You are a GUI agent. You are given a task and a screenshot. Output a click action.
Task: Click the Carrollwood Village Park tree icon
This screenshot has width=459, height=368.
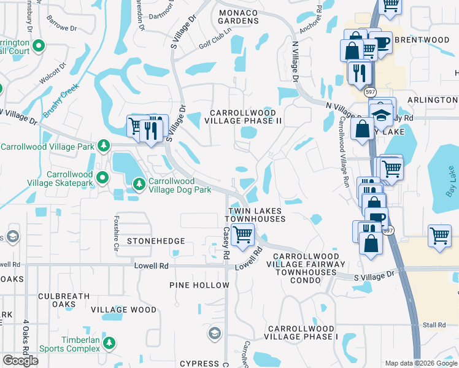point(104,145)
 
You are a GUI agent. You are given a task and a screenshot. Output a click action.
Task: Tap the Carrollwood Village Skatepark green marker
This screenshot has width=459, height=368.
point(102,178)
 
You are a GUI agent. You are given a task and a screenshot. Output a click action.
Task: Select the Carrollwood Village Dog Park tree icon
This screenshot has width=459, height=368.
point(139,183)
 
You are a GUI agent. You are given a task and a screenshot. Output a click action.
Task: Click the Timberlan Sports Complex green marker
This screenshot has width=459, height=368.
point(109,343)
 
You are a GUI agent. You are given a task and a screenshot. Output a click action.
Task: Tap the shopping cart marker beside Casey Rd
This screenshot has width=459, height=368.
point(243,235)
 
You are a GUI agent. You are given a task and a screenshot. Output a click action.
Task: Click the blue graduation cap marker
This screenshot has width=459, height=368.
point(381,115)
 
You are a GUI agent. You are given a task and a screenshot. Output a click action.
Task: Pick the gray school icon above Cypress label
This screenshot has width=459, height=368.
point(214,333)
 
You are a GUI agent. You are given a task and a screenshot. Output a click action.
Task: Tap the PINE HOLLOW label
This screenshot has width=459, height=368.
point(199,285)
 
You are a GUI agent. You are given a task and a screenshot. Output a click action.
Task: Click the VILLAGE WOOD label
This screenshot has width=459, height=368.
point(124,310)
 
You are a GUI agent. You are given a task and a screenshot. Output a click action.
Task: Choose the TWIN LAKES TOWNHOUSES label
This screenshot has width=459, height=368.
point(256,215)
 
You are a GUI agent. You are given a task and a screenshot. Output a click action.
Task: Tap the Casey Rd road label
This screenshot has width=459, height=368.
point(226,242)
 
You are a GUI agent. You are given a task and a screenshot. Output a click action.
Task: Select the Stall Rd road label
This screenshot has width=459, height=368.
point(433,324)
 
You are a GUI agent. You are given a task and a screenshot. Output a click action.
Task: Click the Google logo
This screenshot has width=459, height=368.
point(20,360)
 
